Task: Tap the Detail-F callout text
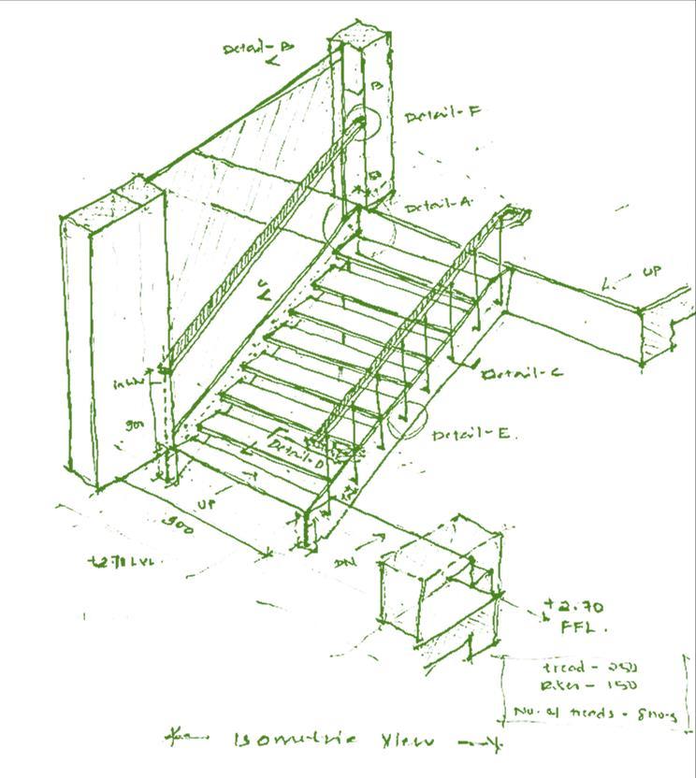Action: pyautogui.click(x=442, y=114)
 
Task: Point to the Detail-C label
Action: pyautogui.click(x=522, y=373)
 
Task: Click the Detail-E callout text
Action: pyautogui.click(x=471, y=434)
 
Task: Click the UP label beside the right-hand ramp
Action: pyautogui.click(x=650, y=272)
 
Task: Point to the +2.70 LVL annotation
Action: pyautogui.click(x=121, y=562)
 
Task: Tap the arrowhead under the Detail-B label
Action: pyautogui.click(x=271, y=63)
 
